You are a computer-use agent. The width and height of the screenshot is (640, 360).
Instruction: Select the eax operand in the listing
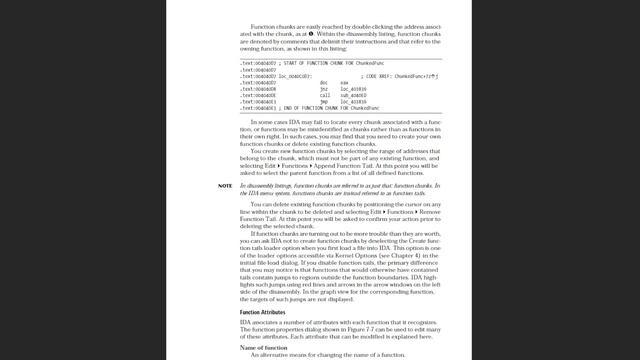tap(344, 82)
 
